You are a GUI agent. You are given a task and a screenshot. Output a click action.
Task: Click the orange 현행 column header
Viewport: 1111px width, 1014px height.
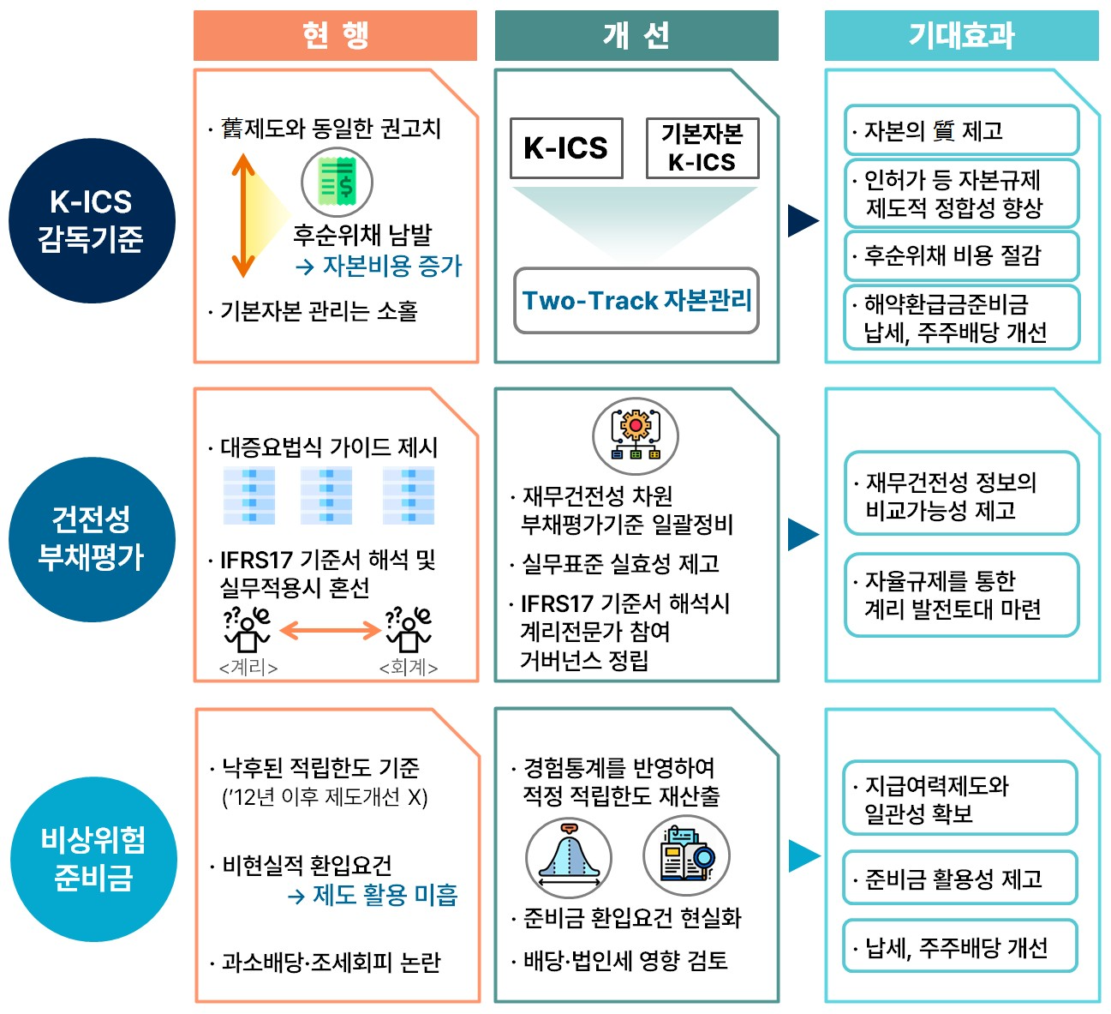pyautogui.click(x=335, y=36)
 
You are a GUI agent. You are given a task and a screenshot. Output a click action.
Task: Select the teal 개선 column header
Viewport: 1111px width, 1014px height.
pyautogui.click(x=636, y=36)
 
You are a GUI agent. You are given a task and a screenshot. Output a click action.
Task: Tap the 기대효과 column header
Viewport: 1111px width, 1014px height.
pyautogui.click(x=961, y=36)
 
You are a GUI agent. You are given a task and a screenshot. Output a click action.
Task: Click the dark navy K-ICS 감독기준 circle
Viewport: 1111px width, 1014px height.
pyautogui.click(x=92, y=220)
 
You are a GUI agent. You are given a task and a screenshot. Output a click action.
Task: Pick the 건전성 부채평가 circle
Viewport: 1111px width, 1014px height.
pyautogui.click(x=92, y=539)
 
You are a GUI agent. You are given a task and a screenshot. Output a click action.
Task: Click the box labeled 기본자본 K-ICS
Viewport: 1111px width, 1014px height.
pyautogui.click(x=702, y=148)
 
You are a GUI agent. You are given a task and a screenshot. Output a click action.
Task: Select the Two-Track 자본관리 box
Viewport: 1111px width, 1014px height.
pyautogui.click(x=636, y=301)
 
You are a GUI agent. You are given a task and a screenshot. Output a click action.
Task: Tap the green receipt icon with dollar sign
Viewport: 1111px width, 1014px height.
pyautogui.click(x=337, y=182)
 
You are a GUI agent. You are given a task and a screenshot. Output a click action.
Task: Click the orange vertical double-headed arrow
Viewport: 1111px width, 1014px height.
pyautogui.click(x=243, y=215)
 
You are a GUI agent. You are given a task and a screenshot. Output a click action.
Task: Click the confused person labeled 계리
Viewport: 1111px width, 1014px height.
pyautogui.click(x=248, y=631)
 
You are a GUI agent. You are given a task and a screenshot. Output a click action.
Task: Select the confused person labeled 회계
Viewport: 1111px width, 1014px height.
pyautogui.click(x=409, y=631)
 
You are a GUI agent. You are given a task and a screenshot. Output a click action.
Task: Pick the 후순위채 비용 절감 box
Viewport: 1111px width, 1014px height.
pyautogui.click(x=960, y=255)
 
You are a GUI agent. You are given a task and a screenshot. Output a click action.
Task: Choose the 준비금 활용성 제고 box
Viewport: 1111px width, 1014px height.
pyautogui.click(x=959, y=879)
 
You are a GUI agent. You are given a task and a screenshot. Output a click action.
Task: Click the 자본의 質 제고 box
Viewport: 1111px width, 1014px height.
pyautogui.click(x=960, y=131)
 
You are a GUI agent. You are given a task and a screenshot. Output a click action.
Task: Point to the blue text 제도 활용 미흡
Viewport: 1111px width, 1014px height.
pyautogui.click(x=385, y=896)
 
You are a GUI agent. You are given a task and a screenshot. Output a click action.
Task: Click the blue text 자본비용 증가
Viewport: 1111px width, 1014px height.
pyautogui.click(x=391, y=267)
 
